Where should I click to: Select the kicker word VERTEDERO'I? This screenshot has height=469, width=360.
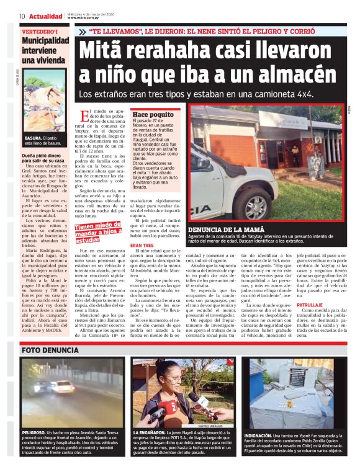(x=40, y=31)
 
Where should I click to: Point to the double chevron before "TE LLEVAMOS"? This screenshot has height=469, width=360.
(x=83, y=31)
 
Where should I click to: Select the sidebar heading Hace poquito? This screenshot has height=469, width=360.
(x=153, y=115)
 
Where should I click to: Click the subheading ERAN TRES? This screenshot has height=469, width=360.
(x=142, y=246)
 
